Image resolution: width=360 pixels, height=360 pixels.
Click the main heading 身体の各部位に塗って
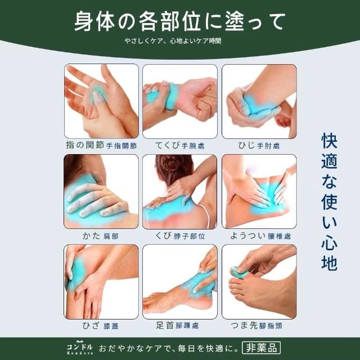(180, 21)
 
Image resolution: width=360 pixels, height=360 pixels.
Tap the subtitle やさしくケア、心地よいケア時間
(173, 41)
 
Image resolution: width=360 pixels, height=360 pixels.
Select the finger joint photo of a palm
(101, 101)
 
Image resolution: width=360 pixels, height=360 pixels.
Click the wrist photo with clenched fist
(180, 101)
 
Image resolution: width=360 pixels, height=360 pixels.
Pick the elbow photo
(259, 101)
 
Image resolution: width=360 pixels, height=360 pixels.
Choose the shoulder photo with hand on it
(101, 191)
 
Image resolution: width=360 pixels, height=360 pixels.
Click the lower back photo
(259, 191)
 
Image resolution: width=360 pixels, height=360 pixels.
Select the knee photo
(101, 282)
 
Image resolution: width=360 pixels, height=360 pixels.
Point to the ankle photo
(180, 282)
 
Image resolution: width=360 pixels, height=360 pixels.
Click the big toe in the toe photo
(239, 271)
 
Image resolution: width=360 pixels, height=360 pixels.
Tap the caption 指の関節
(85, 145)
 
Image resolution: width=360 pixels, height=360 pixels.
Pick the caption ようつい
(247, 236)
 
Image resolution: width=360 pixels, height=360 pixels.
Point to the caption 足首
(165, 325)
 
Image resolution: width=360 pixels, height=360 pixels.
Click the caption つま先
(244, 325)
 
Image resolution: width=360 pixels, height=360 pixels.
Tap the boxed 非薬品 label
(261, 348)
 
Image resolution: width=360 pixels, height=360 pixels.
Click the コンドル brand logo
(80, 348)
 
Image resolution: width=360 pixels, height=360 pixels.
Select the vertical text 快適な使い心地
(329, 201)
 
